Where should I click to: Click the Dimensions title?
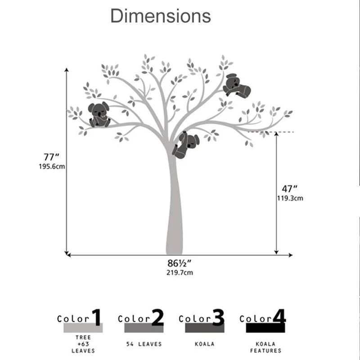(161, 16)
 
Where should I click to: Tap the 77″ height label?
(51, 157)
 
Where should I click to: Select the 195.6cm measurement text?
(52, 166)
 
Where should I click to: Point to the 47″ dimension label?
(289, 189)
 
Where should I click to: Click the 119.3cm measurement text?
(290, 198)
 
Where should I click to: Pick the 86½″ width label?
(179, 263)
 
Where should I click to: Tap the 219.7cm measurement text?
(180, 273)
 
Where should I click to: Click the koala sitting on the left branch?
(99, 115)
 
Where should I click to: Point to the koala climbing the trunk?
(186, 145)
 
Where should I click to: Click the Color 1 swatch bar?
(83, 328)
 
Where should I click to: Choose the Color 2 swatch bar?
(144, 328)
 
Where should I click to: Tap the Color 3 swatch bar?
(205, 328)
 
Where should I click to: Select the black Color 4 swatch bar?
(265, 328)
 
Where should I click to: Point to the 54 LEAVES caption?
(144, 344)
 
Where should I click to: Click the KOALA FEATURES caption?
(265, 347)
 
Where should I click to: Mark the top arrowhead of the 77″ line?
(67, 70)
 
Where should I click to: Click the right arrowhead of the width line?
(291, 255)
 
